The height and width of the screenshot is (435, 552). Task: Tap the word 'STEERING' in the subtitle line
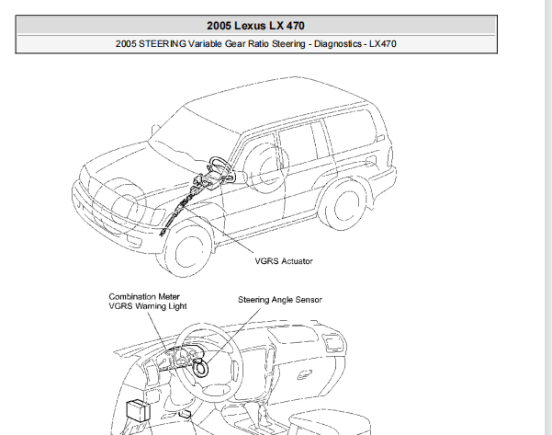(167, 43)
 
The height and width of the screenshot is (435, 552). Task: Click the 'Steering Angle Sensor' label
(280, 300)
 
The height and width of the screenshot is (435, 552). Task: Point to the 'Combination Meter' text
(145, 296)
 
